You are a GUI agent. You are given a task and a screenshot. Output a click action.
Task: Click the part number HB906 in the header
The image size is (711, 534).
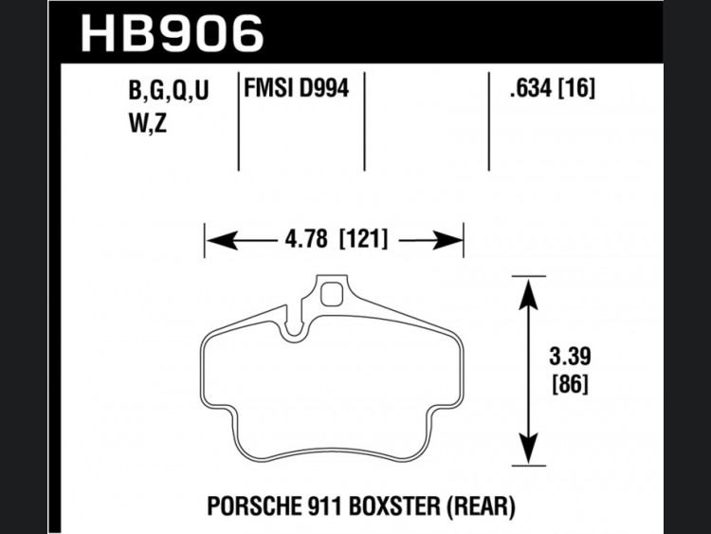point(173,32)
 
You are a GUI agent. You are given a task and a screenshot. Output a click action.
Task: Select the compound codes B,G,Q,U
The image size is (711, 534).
point(169,90)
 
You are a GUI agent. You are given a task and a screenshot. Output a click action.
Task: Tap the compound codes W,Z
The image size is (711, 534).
point(148,122)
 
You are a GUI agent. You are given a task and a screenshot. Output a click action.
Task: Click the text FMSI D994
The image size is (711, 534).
point(297,87)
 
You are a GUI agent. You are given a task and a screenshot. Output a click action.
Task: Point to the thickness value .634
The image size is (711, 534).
point(530,88)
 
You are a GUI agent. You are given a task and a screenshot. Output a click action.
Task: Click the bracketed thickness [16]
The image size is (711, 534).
point(575,88)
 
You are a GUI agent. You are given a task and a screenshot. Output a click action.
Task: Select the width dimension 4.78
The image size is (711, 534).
point(306,239)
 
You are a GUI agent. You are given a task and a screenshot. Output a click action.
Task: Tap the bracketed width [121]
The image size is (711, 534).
point(364,239)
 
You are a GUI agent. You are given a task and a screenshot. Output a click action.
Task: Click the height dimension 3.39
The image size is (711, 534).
point(570,356)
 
